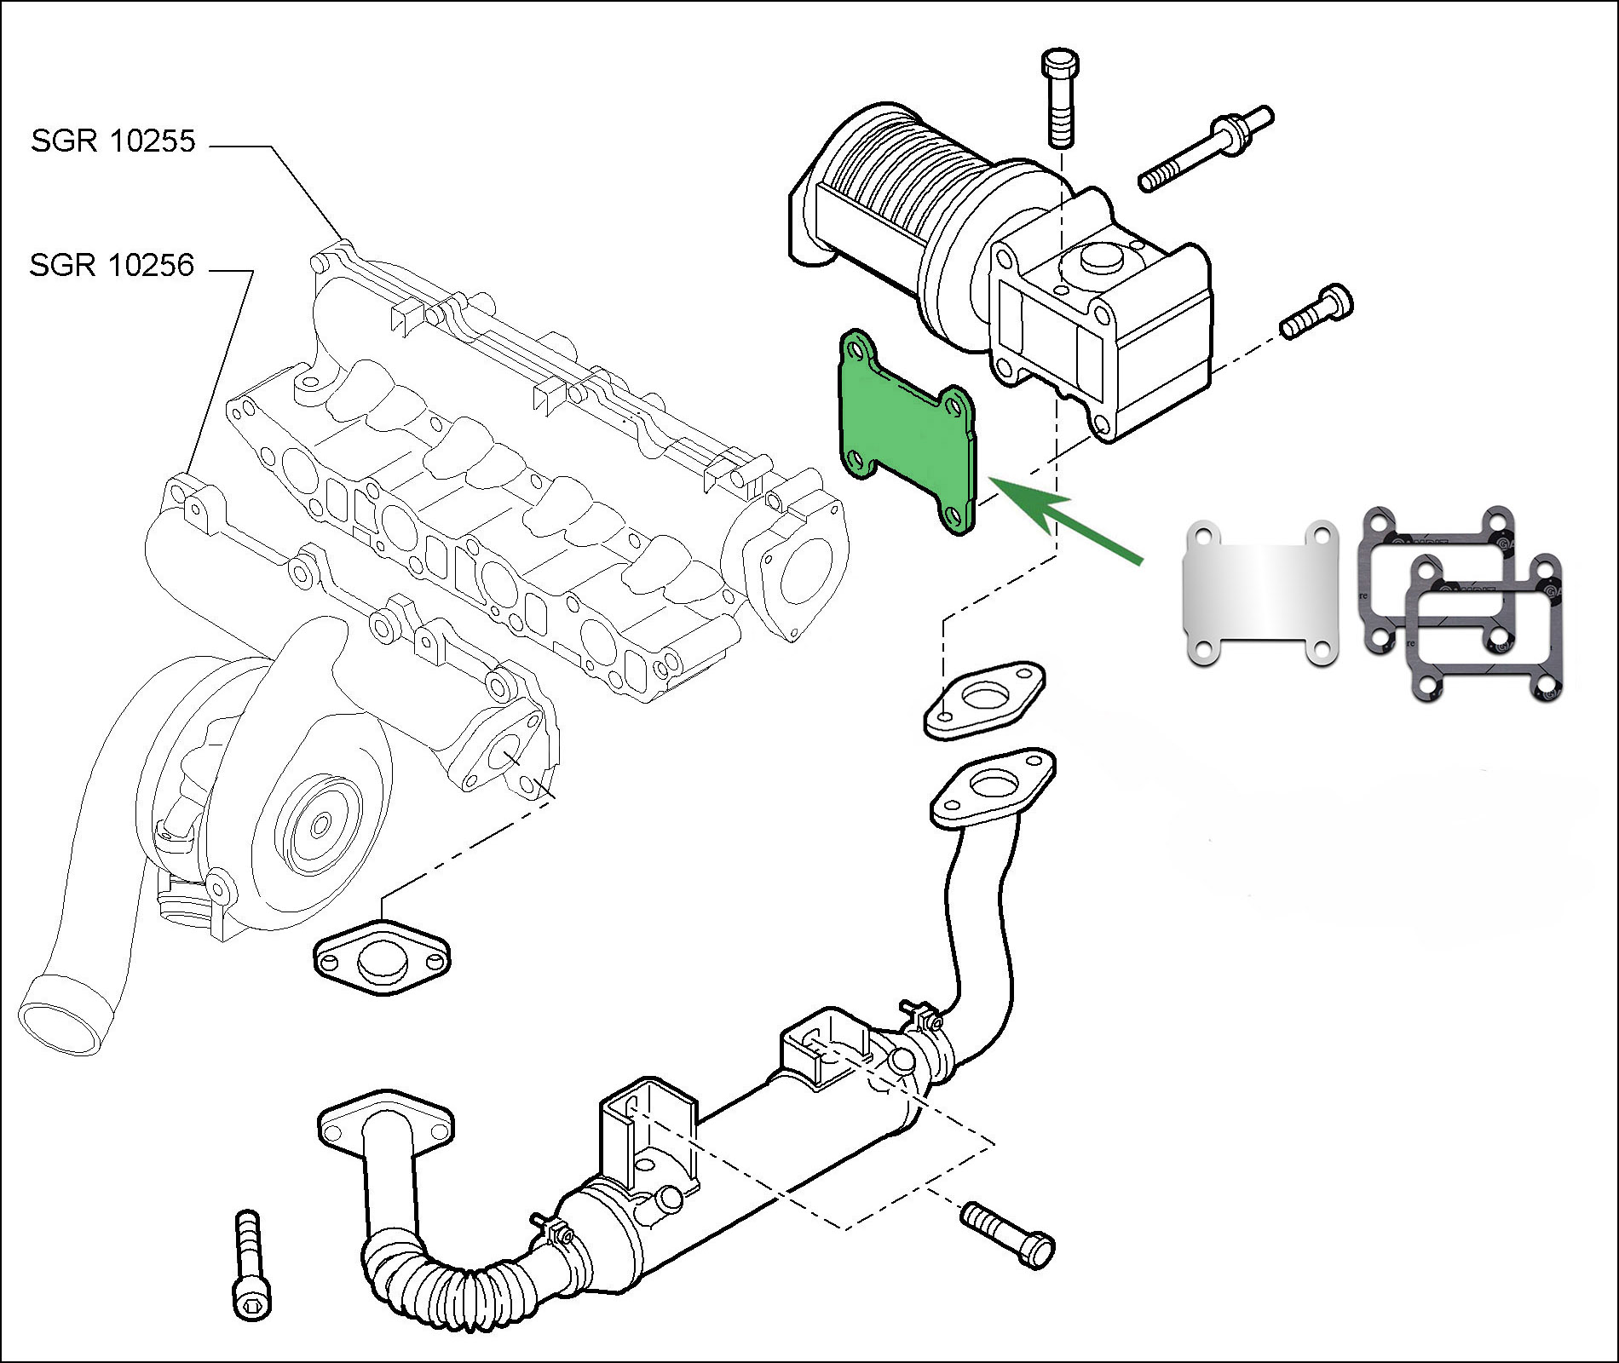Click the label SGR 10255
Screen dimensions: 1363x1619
click(x=112, y=141)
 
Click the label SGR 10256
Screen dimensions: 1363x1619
click(x=112, y=265)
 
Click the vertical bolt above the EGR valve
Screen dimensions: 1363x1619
click(x=1059, y=97)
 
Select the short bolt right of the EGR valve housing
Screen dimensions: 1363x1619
click(x=1317, y=312)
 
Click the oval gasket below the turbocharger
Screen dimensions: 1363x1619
click(x=382, y=956)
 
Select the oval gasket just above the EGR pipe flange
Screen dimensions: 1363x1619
click(x=985, y=700)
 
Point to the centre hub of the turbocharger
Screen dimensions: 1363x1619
click(x=320, y=825)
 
